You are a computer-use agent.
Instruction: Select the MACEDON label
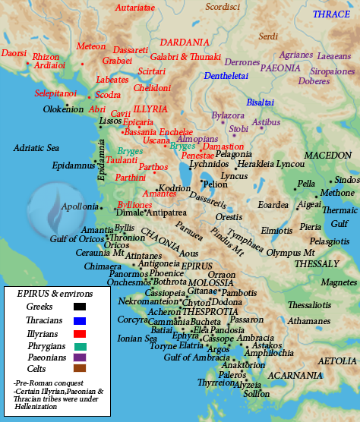tap(328, 155)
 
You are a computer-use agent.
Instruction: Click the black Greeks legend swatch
tap(79, 307)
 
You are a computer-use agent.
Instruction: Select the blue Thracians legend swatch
tap(79, 322)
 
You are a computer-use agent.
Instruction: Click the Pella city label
tap(306, 184)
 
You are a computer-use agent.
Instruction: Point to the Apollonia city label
tap(79, 206)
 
